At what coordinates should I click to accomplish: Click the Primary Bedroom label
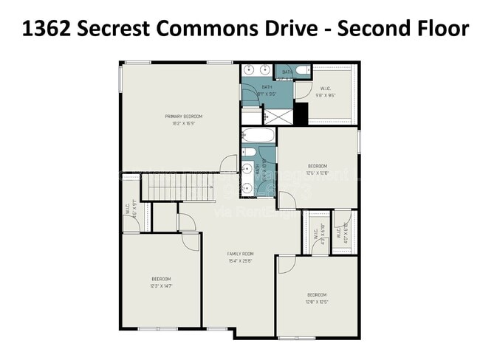(183, 117)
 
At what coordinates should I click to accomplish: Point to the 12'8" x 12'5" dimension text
(317, 302)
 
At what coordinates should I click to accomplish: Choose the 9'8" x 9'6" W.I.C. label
(330, 95)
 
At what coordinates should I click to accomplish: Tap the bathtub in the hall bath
(258, 136)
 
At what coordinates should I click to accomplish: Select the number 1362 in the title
(47, 30)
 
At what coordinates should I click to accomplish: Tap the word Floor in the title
(436, 30)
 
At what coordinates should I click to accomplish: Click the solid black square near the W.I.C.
(301, 114)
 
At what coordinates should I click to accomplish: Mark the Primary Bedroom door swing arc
(229, 164)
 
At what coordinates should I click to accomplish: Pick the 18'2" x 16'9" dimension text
(183, 124)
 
